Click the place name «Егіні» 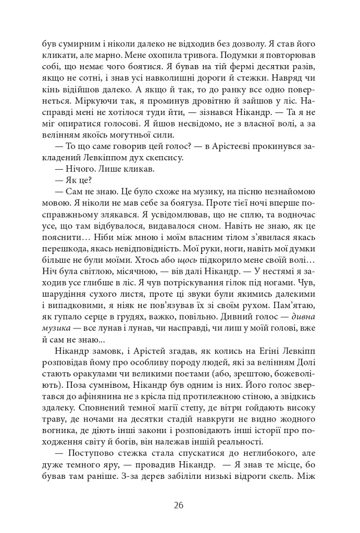click(269, 351)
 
